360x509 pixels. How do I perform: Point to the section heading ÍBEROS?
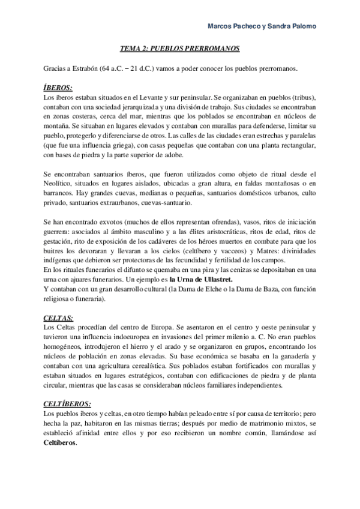pos(59,88)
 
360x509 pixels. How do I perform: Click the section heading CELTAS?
pos(59,316)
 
